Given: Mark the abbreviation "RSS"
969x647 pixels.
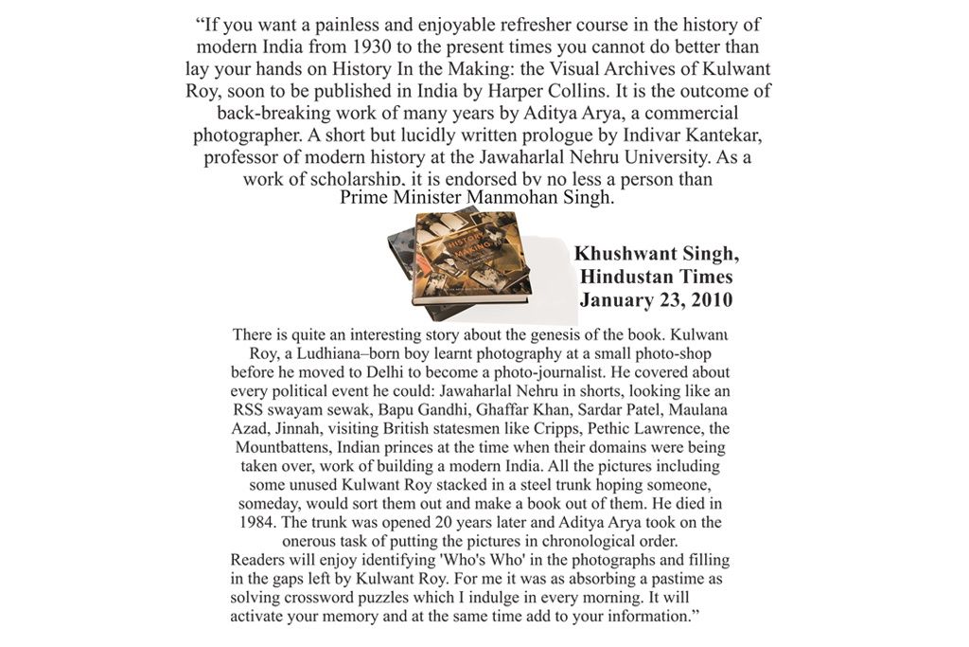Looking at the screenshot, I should [x=250, y=410].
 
